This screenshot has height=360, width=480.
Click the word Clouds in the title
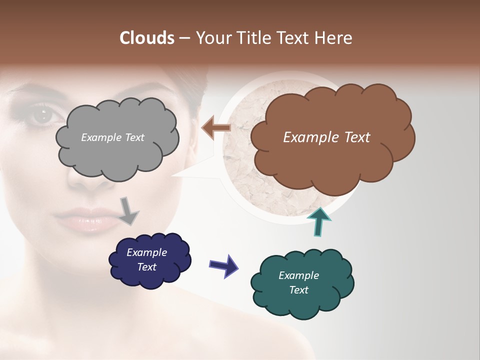click(x=146, y=38)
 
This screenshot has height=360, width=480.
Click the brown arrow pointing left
click(x=216, y=128)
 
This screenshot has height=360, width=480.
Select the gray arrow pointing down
click(x=129, y=210)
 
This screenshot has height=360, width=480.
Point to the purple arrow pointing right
click(x=224, y=266)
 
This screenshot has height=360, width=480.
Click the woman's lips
click(x=82, y=221)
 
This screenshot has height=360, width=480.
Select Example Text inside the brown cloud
click(x=326, y=137)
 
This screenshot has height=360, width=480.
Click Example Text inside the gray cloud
click(x=112, y=137)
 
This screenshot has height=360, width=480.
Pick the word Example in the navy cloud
click(x=146, y=252)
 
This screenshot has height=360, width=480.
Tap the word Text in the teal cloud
click(x=298, y=290)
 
